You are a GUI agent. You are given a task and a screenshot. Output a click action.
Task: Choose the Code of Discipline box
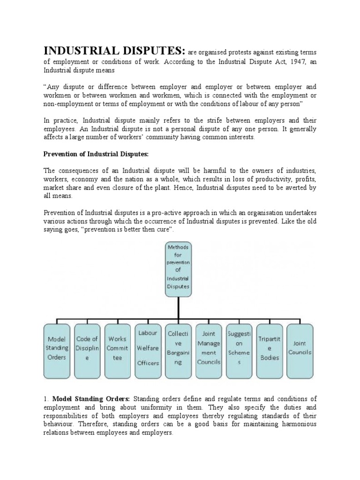point(87,348)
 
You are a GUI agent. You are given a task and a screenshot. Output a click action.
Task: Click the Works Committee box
point(117,348)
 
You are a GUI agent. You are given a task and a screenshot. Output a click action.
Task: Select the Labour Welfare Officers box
point(148,348)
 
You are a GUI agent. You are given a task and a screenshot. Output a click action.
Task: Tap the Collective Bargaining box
point(178,348)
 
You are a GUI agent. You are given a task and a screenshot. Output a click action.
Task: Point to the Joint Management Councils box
point(209,348)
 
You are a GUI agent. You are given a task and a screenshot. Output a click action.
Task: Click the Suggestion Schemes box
point(239,348)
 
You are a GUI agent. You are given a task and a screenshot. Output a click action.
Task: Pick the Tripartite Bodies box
point(270,348)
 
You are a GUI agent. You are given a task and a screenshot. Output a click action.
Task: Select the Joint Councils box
point(300,348)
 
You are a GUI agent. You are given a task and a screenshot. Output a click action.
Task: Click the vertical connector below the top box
point(178,309)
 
